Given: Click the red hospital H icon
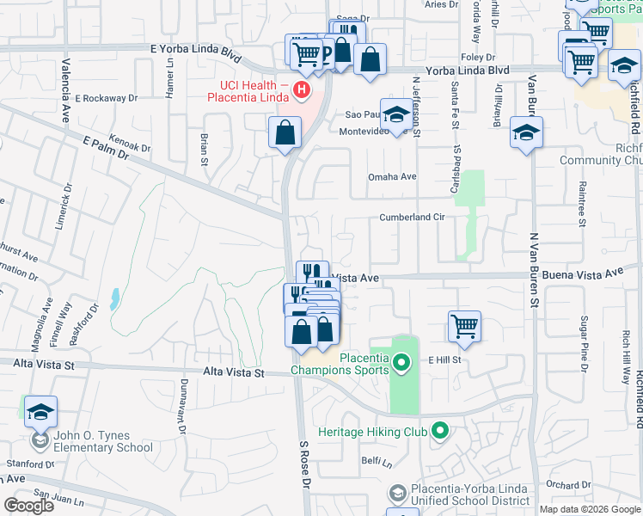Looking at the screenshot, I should click(x=301, y=89).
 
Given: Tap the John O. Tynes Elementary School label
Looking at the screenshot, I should click(x=103, y=441).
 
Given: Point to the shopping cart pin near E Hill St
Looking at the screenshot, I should click(x=464, y=327).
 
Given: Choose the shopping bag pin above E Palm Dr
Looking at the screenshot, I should click(x=285, y=133).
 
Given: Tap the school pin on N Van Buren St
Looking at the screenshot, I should click(x=526, y=133).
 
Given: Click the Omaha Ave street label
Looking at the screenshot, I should click(x=392, y=177).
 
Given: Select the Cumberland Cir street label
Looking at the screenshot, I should click(x=412, y=218).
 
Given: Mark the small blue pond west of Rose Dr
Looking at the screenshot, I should click(x=115, y=299).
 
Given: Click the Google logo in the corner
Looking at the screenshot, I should click(x=28, y=506).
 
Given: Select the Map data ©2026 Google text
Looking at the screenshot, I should click(x=589, y=509).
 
